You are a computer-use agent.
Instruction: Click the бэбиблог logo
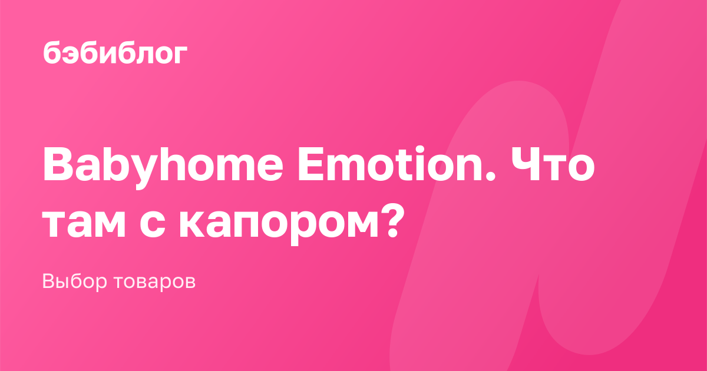pos(115,52)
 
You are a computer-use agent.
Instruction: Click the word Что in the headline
pos(553,165)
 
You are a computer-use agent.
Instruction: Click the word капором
pos(279,227)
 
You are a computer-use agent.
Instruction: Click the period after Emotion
pos(491,177)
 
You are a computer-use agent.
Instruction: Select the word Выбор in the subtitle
pos(75,281)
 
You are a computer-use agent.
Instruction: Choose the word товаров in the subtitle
pos(154,282)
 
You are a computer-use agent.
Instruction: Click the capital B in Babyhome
pos(58,165)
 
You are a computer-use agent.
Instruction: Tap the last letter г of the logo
pos(179,55)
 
